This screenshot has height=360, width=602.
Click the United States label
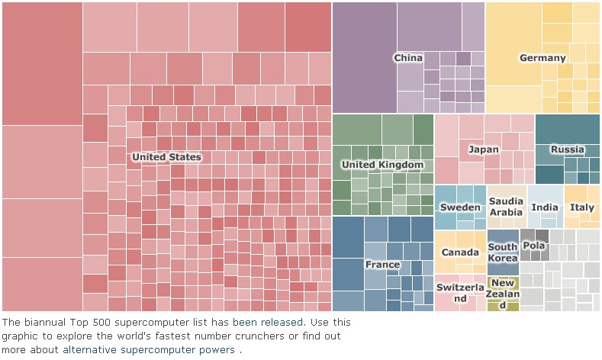coord(166,157)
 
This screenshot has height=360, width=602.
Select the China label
coord(408,58)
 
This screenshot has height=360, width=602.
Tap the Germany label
coord(542,58)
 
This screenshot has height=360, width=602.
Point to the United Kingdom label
coord(382,165)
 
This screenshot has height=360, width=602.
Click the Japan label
coord(484,149)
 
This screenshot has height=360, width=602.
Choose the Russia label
coord(567,149)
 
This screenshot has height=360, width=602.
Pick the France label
coord(382,265)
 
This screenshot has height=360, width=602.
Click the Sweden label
coord(461,207)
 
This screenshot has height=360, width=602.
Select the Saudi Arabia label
coord(507,207)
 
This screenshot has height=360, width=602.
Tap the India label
coord(545,207)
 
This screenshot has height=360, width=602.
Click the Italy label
coord(582,207)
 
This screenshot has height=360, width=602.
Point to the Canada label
coord(461,252)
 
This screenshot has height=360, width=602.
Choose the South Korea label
coord(503,252)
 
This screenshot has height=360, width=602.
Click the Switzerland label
coord(461,293)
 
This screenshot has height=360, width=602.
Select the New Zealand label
coord(503,294)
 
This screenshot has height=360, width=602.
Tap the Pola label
coord(534,246)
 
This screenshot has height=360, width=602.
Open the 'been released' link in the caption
coord(269,323)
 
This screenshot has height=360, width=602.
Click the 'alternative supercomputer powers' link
coord(149,350)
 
